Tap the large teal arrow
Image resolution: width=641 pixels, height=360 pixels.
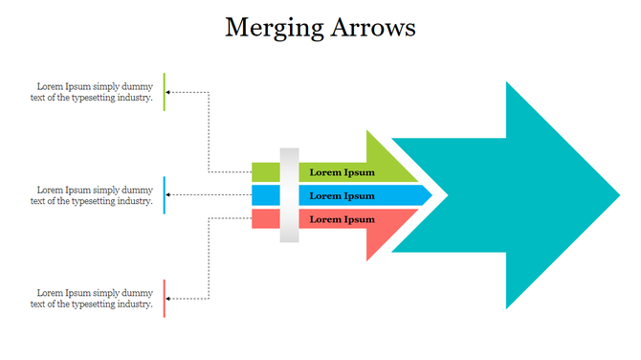coord(517,195)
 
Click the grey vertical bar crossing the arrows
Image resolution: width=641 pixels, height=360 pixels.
coord(289,195)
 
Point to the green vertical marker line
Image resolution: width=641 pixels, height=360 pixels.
coord(165,91)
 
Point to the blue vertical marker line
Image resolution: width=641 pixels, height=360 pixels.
coord(165,195)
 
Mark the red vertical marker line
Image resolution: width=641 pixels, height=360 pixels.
coord(165,299)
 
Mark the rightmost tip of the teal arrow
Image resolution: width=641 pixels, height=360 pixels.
coord(618,195)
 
